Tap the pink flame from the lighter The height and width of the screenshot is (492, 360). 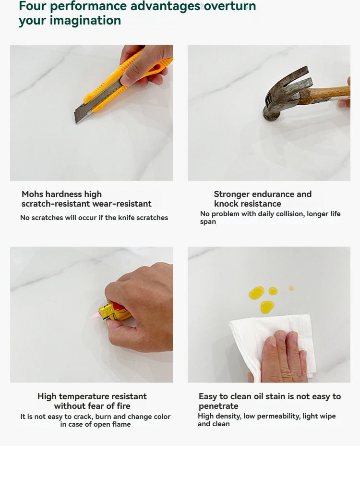[x=95, y=315]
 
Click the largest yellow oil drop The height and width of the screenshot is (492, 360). [x=256, y=293]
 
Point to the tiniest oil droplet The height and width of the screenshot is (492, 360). [x=292, y=288]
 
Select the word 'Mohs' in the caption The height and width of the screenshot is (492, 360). [x=33, y=194]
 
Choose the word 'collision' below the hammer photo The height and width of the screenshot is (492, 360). [x=291, y=214]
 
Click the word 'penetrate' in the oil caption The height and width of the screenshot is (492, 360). [x=218, y=406]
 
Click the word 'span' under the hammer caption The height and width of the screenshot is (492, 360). [x=208, y=222]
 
